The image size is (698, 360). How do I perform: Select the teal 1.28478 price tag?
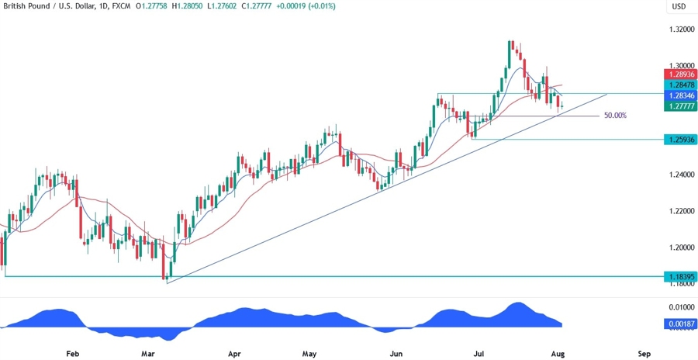(x=680, y=84)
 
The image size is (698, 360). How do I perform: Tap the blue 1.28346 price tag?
(x=680, y=94)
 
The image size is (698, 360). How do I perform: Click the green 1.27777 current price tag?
(x=680, y=106)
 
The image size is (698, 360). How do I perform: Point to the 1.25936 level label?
(x=680, y=140)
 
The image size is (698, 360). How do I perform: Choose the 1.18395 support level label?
(x=680, y=276)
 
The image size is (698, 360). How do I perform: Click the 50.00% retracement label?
(x=615, y=116)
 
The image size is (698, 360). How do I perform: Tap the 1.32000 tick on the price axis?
(x=680, y=29)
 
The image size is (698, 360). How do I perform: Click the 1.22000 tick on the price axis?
(x=680, y=211)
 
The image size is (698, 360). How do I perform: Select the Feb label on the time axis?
(x=73, y=353)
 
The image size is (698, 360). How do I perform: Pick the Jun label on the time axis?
(x=396, y=353)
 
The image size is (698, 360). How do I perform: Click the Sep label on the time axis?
(x=644, y=353)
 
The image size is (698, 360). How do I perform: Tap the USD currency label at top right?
(x=679, y=7)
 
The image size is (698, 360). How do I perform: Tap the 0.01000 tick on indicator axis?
(x=680, y=308)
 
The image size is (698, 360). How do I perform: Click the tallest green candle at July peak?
(x=510, y=54)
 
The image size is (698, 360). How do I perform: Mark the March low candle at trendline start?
(x=164, y=269)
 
